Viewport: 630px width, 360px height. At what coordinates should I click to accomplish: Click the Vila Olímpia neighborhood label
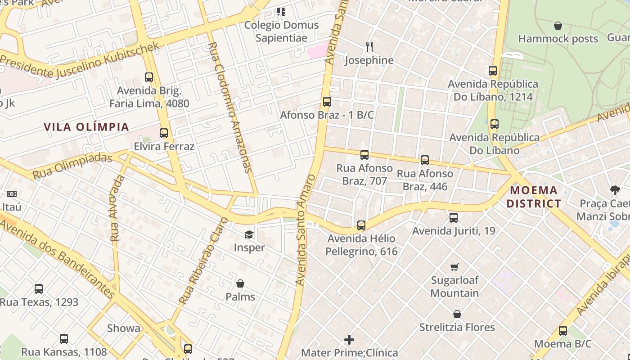coord(86,127)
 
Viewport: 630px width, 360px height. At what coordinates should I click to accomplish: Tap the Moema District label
coord(534,197)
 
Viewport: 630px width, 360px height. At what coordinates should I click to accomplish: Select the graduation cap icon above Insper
coord(249,234)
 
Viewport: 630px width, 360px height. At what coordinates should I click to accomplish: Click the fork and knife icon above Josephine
coord(369,46)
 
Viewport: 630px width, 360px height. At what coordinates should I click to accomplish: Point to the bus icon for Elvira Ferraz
coord(164,133)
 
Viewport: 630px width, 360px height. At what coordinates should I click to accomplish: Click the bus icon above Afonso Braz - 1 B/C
coord(327,102)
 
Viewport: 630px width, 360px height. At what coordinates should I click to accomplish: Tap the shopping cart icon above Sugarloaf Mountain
coord(454,267)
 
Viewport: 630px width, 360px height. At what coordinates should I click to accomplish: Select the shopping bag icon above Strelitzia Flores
coord(457,314)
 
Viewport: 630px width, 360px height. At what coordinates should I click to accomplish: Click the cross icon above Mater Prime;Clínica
coord(349,339)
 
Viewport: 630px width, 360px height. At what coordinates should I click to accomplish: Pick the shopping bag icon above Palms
coord(240,283)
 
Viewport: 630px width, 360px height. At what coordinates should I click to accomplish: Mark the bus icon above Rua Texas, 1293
coord(39,289)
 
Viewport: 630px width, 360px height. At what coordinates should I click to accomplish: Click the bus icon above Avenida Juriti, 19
coord(454,218)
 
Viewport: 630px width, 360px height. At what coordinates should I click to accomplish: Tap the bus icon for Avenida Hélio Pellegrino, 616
coord(361,225)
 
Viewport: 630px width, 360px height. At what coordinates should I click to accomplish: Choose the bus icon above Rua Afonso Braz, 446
coord(425,160)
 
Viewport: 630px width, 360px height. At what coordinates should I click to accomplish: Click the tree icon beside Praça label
coord(615,190)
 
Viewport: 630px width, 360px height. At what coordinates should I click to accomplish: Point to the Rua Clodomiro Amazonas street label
coord(230,108)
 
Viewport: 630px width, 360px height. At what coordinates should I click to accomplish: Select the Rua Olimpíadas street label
coord(72,166)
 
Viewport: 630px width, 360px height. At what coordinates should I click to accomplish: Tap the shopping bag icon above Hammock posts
coord(558,26)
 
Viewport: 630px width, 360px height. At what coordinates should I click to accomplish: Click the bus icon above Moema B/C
coord(563,331)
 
